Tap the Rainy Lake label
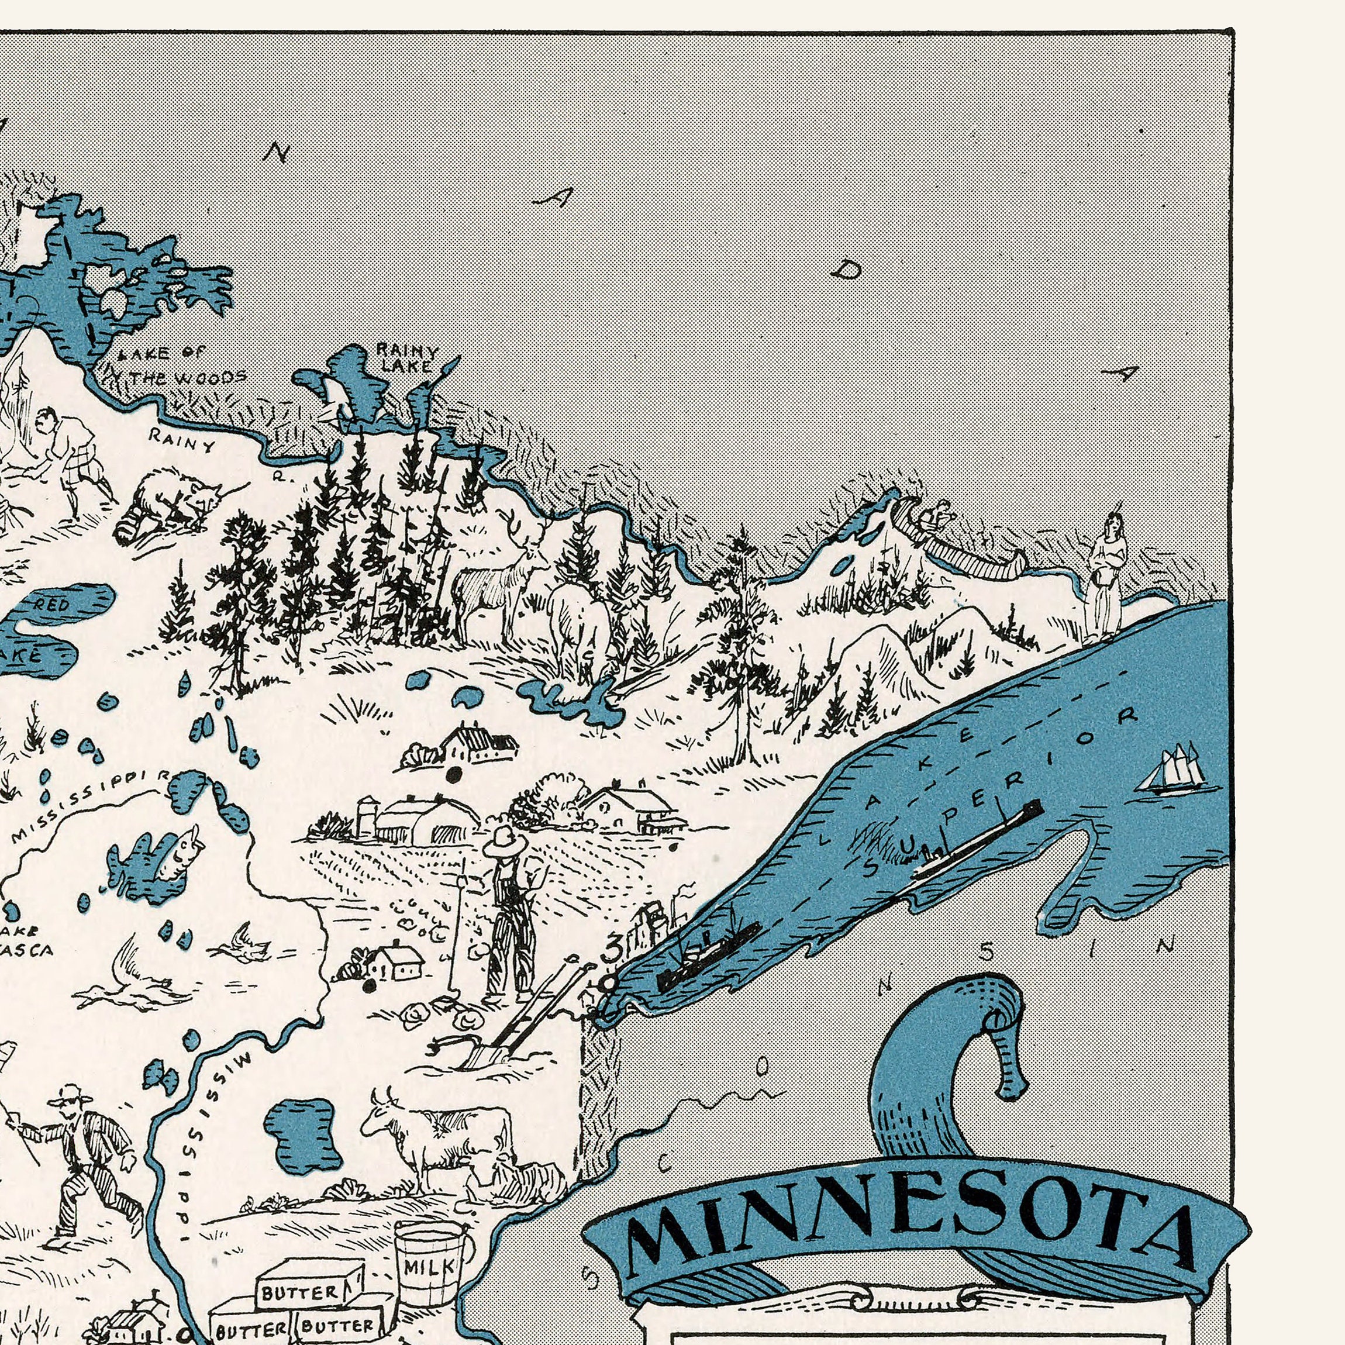[x=406, y=358]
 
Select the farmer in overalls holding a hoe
[x=512, y=913]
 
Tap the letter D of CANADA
[x=846, y=269]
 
